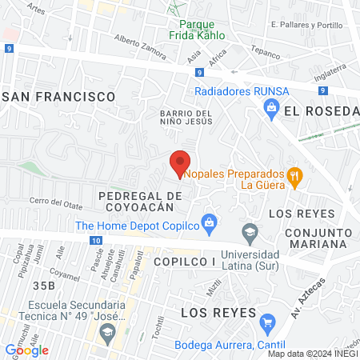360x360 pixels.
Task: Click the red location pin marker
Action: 180,162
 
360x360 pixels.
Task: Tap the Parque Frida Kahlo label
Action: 196,30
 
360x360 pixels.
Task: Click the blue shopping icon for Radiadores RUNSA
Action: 271,107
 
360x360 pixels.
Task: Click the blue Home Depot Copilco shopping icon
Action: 209,222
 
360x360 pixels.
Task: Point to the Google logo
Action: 27,350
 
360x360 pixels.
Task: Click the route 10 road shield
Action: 95,240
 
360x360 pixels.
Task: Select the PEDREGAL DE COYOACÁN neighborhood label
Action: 135,201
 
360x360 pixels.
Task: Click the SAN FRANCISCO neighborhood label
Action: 59,96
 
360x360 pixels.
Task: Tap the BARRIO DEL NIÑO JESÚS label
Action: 186,117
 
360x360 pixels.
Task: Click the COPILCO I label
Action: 186,262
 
